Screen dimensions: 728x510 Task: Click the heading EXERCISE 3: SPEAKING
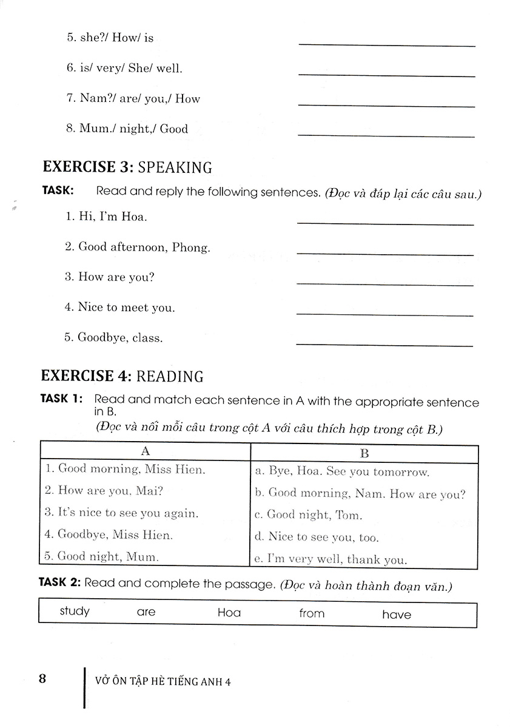click(126, 167)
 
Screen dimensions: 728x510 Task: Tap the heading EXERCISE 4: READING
click(122, 376)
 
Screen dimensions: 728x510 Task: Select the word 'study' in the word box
click(75, 611)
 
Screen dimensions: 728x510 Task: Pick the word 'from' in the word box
click(312, 613)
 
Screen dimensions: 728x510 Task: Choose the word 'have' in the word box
click(397, 615)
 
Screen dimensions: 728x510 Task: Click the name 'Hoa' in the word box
click(229, 613)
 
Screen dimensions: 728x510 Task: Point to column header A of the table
click(145, 451)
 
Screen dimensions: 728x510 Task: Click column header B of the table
click(364, 453)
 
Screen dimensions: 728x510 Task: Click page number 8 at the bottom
click(42, 678)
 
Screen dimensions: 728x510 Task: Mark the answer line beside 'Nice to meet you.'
click(384, 315)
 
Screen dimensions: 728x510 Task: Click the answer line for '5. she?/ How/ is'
click(387, 45)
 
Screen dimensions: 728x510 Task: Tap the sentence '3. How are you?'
click(110, 277)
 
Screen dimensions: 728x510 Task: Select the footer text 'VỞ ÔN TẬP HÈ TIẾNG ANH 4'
click(164, 681)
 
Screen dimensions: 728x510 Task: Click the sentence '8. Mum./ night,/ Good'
click(127, 129)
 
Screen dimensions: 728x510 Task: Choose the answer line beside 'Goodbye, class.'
click(384, 345)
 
